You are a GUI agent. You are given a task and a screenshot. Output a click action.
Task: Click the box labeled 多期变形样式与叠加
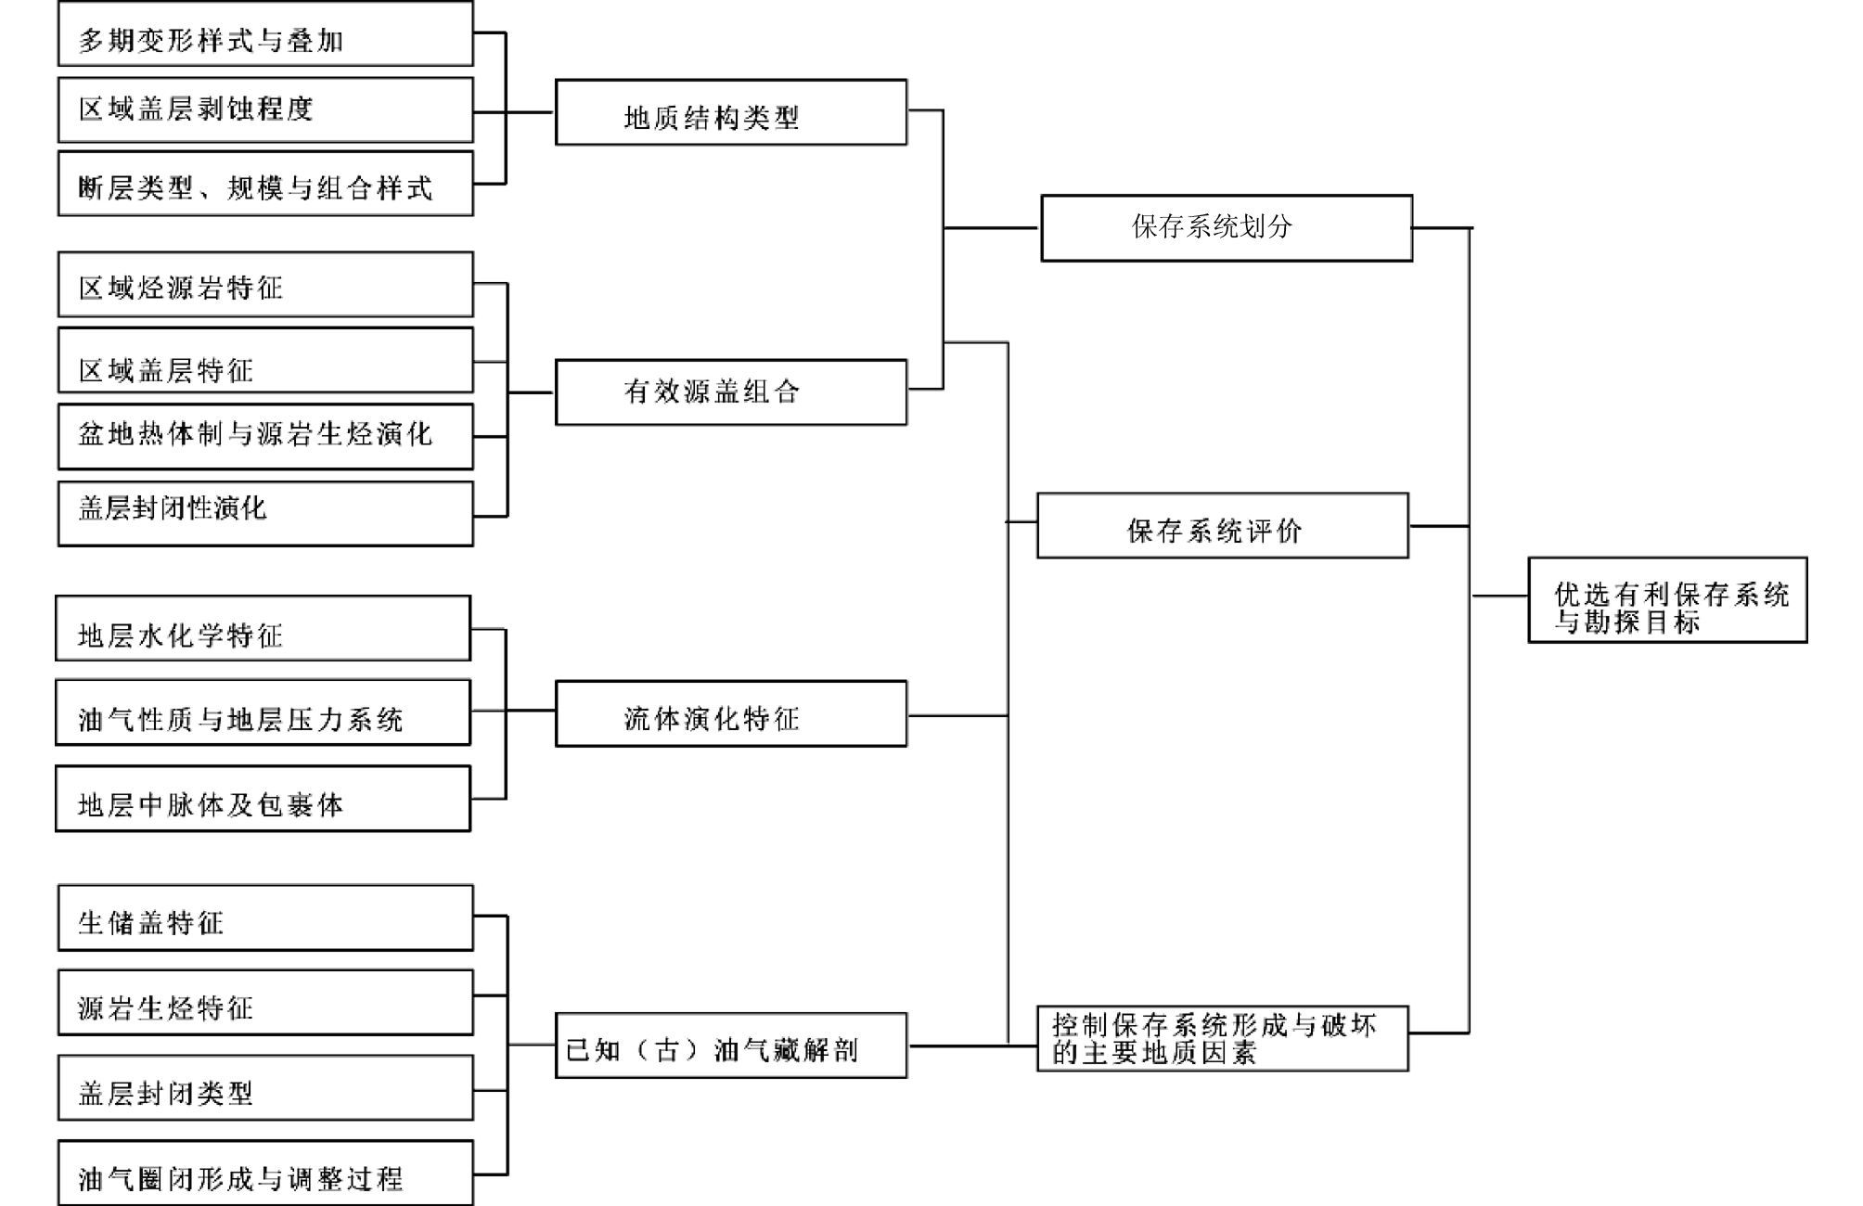[265, 34]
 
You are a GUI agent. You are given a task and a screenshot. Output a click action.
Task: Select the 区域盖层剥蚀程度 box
[265, 109]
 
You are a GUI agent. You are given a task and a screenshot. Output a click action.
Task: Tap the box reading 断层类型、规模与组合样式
[265, 184]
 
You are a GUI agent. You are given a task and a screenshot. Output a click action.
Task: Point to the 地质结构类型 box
[730, 112]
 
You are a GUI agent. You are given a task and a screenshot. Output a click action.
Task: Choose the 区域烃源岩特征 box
[265, 285]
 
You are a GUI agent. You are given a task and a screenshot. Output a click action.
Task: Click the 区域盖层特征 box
[265, 361]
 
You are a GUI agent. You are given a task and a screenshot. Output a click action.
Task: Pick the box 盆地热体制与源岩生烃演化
[265, 436]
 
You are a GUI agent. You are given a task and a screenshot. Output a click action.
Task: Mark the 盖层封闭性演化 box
[265, 513]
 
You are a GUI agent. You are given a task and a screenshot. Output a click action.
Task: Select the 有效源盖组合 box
[730, 392]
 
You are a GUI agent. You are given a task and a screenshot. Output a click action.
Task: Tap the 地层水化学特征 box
[263, 629]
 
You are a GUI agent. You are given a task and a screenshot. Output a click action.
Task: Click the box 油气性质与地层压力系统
[263, 712]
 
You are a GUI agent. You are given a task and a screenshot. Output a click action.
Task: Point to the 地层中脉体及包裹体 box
[263, 799]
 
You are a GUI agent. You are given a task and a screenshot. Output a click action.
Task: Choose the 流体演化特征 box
[730, 713]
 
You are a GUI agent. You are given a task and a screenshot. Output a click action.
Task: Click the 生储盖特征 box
[265, 917]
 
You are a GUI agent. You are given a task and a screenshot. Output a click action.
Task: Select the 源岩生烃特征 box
[265, 1003]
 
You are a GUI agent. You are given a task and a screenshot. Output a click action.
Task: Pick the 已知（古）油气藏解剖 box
[730, 1046]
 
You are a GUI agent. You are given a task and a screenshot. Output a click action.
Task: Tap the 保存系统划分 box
[1226, 228]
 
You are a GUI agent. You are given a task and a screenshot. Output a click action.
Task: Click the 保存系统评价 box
[1222, 526]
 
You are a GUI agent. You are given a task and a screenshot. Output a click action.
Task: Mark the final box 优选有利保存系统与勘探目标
[1667, 600]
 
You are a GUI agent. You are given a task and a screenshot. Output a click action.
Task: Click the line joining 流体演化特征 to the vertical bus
[957, 715]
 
